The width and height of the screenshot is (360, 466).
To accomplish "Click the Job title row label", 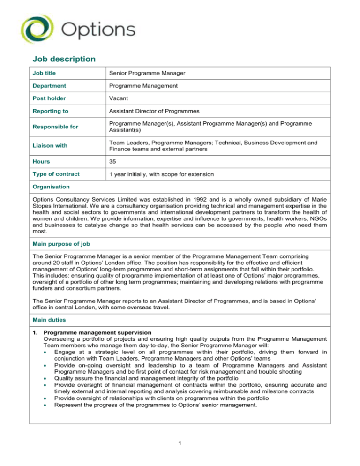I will tap(43, 73).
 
